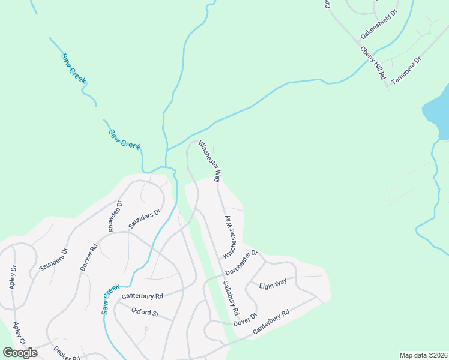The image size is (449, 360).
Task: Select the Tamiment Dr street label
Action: (406, 71)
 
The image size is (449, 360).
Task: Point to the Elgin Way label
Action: (273, 285)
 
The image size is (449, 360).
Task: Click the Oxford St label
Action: (145, 313)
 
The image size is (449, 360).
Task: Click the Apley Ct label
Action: (19, 334)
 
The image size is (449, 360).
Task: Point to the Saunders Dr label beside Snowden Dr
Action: (145, 219)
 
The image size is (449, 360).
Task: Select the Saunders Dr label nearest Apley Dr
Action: (53, 258)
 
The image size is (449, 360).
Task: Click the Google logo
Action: (20, 352)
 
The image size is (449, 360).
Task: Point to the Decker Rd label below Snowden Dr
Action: (88, 256)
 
